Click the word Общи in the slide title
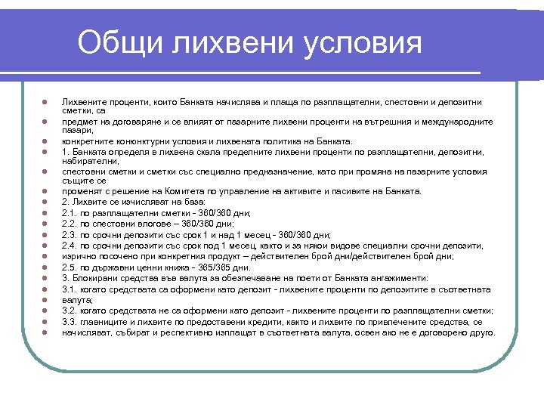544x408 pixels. pos(121,43)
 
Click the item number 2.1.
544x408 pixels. pos(70,213)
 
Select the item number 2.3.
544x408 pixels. pos(70,234)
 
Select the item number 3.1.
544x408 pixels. pos(70,289)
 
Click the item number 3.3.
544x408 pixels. pos(70,322)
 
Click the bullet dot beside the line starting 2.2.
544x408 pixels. pos(45,224)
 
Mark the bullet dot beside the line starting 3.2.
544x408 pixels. pos(45,311)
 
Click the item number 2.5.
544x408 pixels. pos(70,267)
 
